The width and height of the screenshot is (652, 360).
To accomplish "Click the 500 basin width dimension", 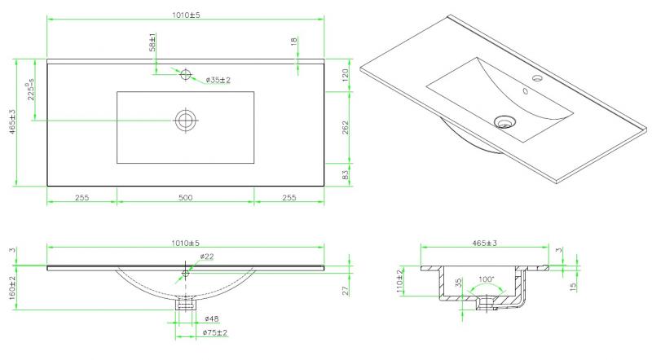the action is pyautogui.click(x=186, y=197).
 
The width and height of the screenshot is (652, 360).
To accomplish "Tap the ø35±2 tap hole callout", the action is pyautogui.click(x=218, y=80).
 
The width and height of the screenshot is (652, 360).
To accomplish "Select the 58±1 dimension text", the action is pyautogui.click(x=152, y=42).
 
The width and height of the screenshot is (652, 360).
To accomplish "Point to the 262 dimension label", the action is pyautogui.click(x=346, y=128).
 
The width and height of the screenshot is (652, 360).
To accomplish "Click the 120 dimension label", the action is pyautogui.click(x=346, y=75).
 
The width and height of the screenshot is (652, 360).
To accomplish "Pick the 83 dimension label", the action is pyautogui.click(x=346, y=175).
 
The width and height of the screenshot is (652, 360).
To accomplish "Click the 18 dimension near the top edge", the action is pyautogui.click(x=294, y=42).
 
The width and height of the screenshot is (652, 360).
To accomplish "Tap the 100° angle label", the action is pyautogui.click(x=486, y=279).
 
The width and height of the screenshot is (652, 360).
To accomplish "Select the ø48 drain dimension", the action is pyautogui.click(x=212, y=318).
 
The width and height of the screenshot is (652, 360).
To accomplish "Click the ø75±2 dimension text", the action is pyautogui.click(x=215, y=332).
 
